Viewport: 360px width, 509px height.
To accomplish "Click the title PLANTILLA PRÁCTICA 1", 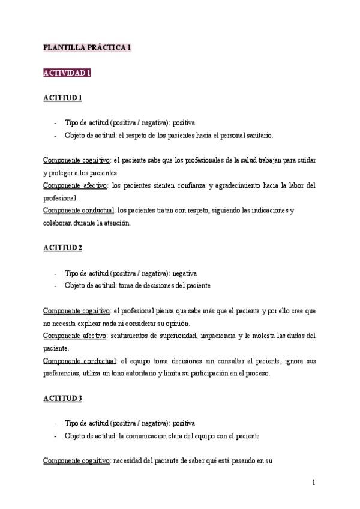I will click(x=87, y=47).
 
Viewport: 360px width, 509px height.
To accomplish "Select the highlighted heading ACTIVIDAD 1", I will click(x=67, y=73).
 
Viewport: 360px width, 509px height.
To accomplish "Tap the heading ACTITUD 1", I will click(x=62, y=98).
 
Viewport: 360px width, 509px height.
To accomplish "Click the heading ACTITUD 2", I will click(x=62, y=248).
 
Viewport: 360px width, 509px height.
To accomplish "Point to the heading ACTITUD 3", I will click(x=62, y=399).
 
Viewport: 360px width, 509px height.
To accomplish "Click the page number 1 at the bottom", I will click(x=313, y=482).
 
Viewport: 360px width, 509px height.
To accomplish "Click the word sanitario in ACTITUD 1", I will click(x=258, y=136).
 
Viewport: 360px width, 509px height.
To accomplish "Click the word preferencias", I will click(x=62, y=373).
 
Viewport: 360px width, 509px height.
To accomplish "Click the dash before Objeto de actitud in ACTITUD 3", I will click(x=55, y=436).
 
